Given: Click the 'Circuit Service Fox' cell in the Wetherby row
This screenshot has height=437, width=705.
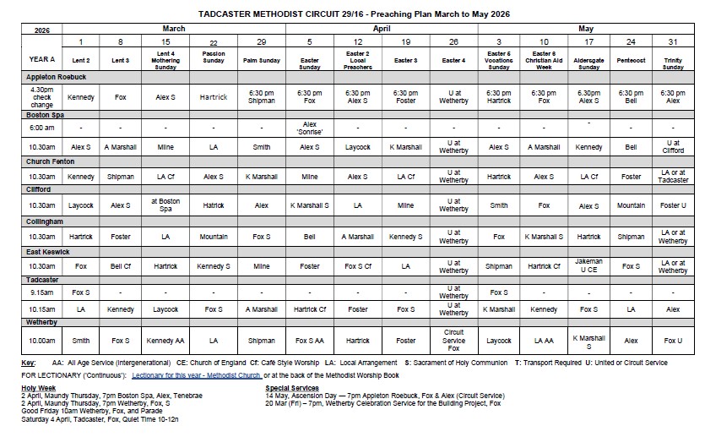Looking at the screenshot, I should pos(453,341).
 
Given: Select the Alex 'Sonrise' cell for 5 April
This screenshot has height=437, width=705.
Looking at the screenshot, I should pos(310,128).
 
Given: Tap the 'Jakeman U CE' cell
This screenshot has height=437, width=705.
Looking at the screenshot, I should pos(588,266).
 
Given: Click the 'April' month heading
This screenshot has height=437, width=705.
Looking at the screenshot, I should pos(382,28).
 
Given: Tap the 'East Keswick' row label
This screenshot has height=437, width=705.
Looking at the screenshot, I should pos(47,252).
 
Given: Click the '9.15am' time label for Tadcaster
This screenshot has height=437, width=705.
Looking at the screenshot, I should pos(40,292).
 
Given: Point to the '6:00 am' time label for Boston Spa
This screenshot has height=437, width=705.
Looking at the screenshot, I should pos(40,128).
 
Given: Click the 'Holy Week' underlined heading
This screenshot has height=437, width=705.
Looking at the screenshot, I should pos(40,387).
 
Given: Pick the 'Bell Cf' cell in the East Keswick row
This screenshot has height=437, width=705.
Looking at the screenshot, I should pos(121,266).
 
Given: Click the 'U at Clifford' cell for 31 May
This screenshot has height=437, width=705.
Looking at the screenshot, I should pos(673,147).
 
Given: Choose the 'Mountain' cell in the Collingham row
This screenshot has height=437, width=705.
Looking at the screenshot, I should pos(214,237).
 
